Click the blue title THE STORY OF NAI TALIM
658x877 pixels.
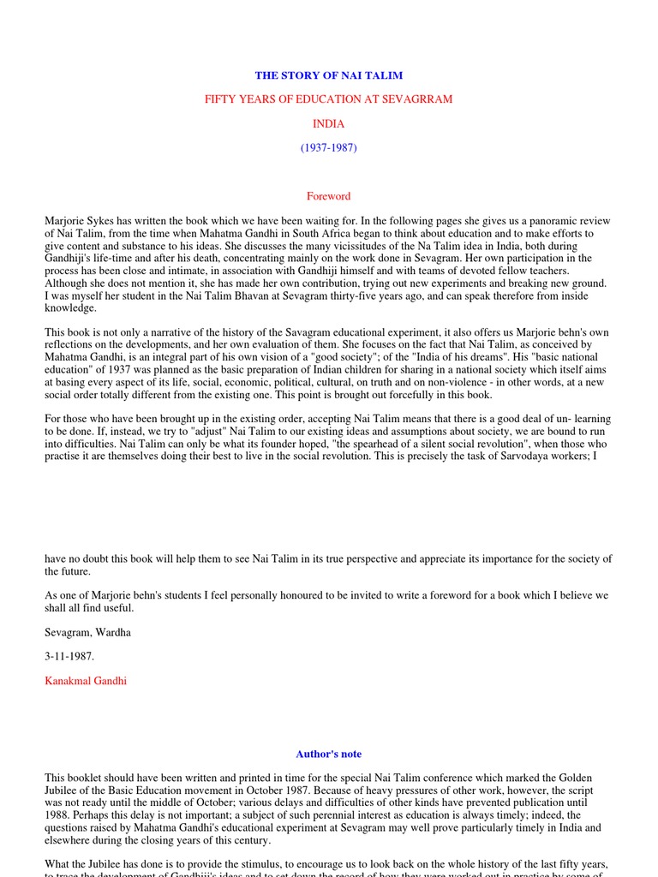click(x=328, y=76)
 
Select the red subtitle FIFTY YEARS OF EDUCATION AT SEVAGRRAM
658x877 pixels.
click(x=328, y=99)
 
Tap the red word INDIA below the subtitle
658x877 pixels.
click(x=328, y=123)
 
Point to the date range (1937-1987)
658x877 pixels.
click(x=328, y=147)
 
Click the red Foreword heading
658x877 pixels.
click(x=328, y=196)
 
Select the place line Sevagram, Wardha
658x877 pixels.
click(x=89, y=632)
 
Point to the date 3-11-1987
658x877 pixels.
click(x=71, y=657)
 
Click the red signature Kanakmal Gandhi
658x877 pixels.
click(x=86, y=681)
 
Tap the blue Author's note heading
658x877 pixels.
click(x=328, y=755)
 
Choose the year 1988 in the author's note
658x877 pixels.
click(x=59, y=816)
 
